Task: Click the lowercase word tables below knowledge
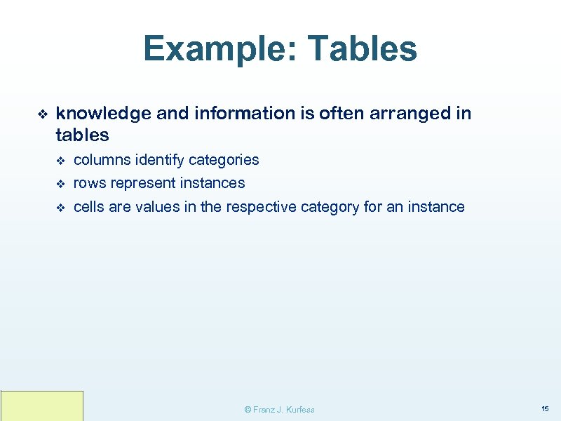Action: [82, 135]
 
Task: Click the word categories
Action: [224, 160]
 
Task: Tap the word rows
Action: [88, 183]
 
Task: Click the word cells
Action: [89, 207]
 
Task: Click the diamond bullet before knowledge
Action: [41, 114]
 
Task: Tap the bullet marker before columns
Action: [60, 161]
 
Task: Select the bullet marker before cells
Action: [60, 208]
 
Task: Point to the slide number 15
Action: [545, 408]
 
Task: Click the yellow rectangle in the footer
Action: [42, 406]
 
